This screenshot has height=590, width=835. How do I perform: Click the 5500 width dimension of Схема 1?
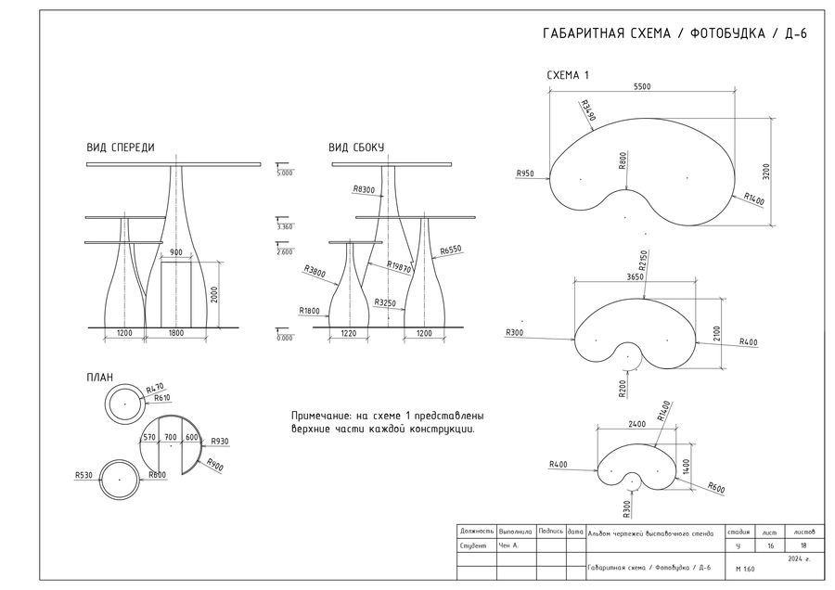[642, 86]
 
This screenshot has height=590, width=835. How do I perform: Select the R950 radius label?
[526, 173]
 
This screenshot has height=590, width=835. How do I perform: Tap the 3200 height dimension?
[766, 172]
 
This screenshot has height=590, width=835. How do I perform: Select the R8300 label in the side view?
[364, 189]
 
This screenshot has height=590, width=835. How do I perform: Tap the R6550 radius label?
[451, 250]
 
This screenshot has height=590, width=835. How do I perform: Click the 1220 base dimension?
[349, 333]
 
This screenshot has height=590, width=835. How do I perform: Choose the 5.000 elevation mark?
[285, 173]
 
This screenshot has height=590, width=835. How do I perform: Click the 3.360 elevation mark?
[285, 226]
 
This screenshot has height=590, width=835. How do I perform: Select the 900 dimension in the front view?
[175, 251]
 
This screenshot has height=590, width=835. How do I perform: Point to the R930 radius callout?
[220, 441]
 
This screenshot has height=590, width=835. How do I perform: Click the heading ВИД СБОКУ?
[355, 147]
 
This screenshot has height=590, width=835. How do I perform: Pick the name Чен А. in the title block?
[508, 547]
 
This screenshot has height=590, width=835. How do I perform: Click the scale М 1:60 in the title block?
[744, 569]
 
